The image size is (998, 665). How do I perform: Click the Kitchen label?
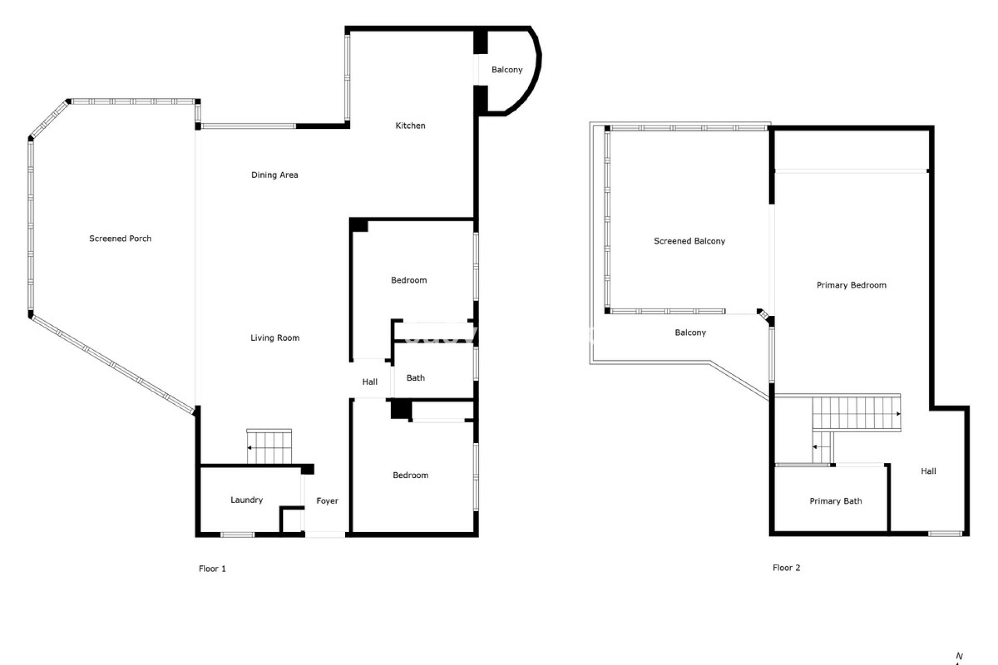[x=410, y=125]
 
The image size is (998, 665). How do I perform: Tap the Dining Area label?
[x=274, y=175]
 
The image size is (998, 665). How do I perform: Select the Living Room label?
[x=275, y=338]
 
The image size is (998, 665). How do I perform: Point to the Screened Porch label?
[x=120, y=238]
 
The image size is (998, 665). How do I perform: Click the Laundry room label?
[x=246, y=500]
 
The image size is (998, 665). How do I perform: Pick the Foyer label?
[x=327, y=501]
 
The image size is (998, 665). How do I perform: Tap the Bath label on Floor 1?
[x=415, y=378]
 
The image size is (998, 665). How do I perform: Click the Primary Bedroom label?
[x=851, y=285]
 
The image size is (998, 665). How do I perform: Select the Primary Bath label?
[x=835, y=501]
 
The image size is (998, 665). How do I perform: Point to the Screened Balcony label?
[x=689, y=241]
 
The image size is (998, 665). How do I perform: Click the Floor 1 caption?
[x=212, y=568]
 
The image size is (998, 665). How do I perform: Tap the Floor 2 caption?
[x=786, y=568]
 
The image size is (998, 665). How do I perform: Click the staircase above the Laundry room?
[x=269, y=447]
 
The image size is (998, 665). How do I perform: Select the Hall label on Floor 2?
[x=928, y=471]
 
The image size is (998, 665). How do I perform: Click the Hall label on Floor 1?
[x=370, y=382]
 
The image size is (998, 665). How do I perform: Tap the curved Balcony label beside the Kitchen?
[x=507, y=70]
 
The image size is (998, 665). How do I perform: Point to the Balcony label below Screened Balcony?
[x=690, y=332]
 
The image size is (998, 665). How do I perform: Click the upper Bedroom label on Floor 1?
[x=409, y=280]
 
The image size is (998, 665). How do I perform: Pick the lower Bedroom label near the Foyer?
[x=410, y=475]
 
